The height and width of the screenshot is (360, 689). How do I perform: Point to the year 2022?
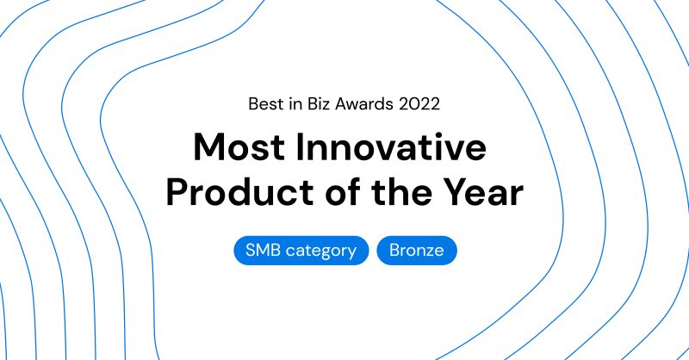point(419,104)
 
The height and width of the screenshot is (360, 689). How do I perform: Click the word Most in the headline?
point(239,146)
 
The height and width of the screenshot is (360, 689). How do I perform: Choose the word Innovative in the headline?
point(391,146)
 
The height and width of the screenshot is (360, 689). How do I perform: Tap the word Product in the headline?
point(239,192)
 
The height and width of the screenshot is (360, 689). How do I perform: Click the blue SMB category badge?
point(301,251)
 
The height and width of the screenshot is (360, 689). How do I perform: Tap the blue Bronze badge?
point(417,251)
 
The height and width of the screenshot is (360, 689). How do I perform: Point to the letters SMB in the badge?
point(263,250)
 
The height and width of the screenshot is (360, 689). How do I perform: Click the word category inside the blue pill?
point(321,251)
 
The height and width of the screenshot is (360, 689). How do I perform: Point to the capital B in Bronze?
point(395,250)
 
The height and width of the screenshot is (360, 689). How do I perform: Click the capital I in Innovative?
point(300,147)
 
